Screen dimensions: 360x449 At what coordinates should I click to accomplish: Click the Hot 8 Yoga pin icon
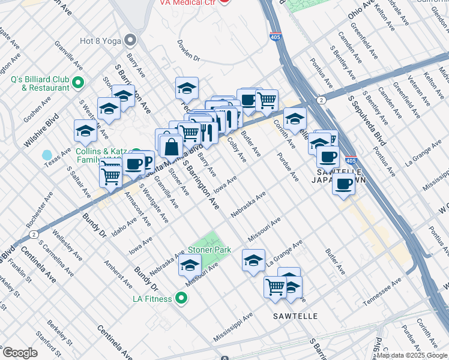[130, 41]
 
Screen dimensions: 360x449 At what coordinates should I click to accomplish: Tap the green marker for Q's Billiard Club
[77, 82]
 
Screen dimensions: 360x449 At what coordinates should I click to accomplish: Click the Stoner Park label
[209, 249]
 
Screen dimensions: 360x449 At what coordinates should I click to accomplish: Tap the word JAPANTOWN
[340, 179]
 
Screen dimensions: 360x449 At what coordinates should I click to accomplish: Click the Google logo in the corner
[20, 353]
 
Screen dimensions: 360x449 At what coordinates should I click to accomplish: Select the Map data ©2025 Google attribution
[412, 355]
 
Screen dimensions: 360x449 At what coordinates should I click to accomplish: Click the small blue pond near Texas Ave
[47, 155]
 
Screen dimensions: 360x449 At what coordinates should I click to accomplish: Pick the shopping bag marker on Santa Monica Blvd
[171, 146]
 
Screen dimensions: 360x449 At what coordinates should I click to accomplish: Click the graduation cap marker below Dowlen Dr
[187, 87]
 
